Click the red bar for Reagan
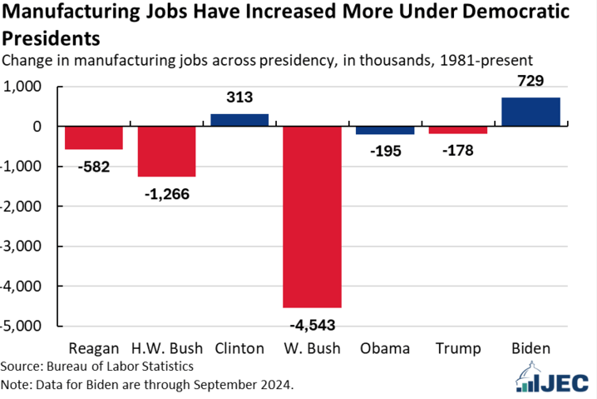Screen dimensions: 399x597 [x=93, y=138]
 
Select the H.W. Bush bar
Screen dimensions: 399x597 [x=166, y=152]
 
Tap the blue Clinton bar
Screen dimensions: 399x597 [x=239, y=120]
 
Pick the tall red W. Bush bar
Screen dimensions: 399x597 [x=313, y=217]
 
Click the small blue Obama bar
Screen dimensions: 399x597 [x=385, y=130]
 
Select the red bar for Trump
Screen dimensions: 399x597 [x=458, y=130]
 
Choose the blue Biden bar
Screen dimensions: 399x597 [x=531, y=112]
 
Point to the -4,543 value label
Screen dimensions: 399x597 [x=313, y=324]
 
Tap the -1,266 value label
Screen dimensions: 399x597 [x=166, y=193]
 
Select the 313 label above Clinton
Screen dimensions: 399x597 [x=239, y=98]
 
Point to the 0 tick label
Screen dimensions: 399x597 [x=37, y=127]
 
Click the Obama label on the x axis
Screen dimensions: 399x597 [x=385, y=348]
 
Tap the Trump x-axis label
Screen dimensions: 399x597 [x=458, y=348]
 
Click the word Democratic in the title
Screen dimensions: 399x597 [x=500, y=13]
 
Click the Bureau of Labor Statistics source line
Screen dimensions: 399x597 [x=96, y=367]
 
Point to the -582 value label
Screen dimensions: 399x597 [x=93, y=167]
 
